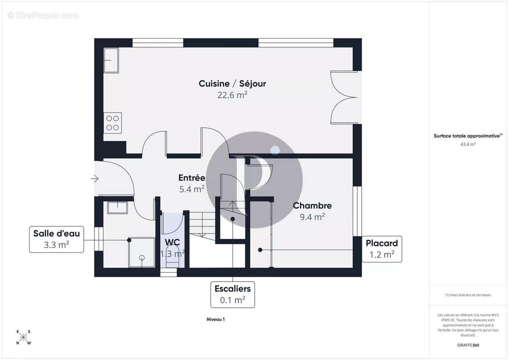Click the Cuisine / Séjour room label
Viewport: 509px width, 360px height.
coord(232,84)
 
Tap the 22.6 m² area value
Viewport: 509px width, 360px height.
coord(232,95)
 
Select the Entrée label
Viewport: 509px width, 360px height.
coord(192,178)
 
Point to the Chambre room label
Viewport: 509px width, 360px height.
coord(312,206)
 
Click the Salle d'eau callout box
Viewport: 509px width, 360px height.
coord(57,239)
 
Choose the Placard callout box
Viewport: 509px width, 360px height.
coord(382,249)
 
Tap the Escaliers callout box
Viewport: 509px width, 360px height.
coord(232,294)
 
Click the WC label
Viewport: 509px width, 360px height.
coord(172,243)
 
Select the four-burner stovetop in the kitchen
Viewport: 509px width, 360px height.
coord(113,123)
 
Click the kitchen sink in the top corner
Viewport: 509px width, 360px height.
coord(111,60)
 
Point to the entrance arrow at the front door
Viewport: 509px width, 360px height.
coord(95,178)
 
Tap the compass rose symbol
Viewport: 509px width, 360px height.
coord(23,337)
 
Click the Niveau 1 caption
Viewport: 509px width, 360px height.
coord(216,319)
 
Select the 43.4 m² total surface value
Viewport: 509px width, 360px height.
coord(468,144)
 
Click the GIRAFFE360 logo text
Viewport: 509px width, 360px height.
coord(468,345)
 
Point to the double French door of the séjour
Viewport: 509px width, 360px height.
coord(344,97)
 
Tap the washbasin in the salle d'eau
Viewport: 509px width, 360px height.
coord(117,207)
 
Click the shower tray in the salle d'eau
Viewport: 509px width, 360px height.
coord(141,252)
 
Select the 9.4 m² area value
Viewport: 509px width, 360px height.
coord(312,217)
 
